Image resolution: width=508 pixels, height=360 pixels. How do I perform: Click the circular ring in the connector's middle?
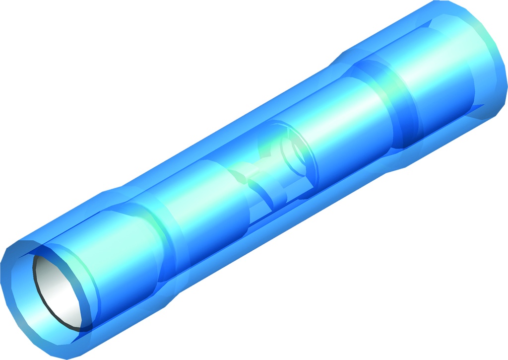293,149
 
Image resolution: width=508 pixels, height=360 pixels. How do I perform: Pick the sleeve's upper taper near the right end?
342,55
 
